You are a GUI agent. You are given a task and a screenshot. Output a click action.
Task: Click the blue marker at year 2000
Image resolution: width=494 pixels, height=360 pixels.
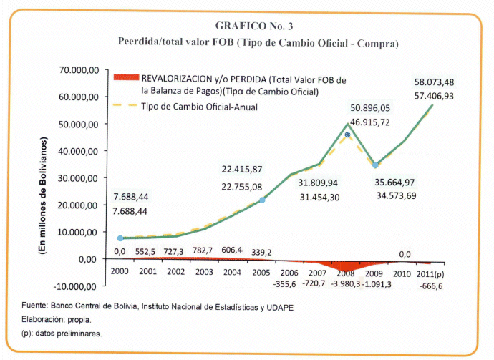click(121, 238)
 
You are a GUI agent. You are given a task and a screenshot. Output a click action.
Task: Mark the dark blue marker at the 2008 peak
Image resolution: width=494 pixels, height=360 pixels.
click(348, 135)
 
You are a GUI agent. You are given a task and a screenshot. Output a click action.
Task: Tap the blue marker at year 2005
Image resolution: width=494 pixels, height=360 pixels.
click(262, 200)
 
